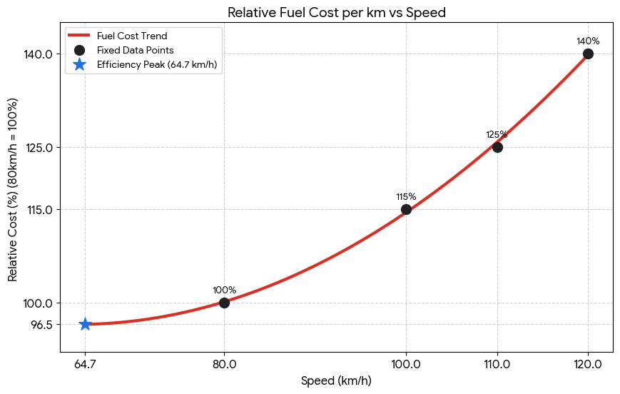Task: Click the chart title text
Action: pos(336,11)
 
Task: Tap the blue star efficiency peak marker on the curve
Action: pos(85,324)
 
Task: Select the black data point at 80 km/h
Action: pos(224,303)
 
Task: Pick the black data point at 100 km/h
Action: pos(406,209)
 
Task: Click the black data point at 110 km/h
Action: pos(497,147)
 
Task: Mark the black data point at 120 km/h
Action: pos(588,54)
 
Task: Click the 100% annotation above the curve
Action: pos(224,290)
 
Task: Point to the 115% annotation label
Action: pos(406,196)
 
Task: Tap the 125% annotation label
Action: pos(497,134)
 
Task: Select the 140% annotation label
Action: pos(588,41)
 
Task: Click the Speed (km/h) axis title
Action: pos(336,381)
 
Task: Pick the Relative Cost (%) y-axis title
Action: pos(13,188)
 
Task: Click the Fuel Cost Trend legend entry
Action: pos(132,36)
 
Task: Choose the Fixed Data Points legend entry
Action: pos(135,50)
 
